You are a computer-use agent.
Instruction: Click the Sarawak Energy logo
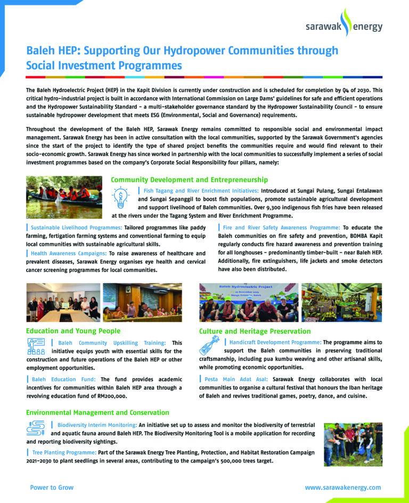343,24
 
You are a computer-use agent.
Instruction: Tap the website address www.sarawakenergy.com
343,488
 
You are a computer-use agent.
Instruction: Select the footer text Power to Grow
52,488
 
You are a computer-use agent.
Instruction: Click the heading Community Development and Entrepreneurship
189,180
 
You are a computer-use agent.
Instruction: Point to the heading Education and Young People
73,331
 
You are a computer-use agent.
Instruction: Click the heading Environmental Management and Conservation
97,413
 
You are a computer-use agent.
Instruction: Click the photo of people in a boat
64,197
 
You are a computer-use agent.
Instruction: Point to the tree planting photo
353,444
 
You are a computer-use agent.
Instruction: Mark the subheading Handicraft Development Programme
275,342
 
